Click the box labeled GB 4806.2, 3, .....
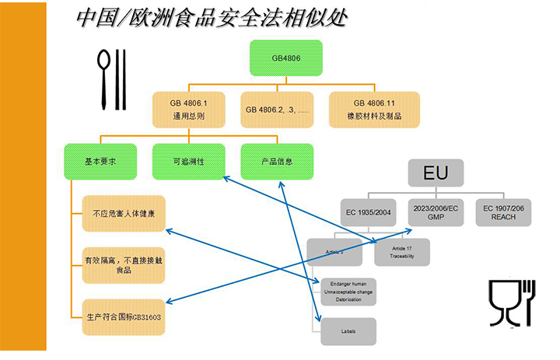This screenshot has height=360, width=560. (277, 110)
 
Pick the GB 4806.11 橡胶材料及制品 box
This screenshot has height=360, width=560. (375, 110)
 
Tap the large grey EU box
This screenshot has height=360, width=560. (435, 173)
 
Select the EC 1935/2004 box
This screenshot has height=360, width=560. (369, 211)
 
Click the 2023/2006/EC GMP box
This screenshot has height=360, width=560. (436, 211)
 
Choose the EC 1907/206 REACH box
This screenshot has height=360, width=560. (503, 211)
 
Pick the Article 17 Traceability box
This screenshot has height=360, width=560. (401, 252)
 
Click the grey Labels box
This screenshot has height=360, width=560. (348, 331)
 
